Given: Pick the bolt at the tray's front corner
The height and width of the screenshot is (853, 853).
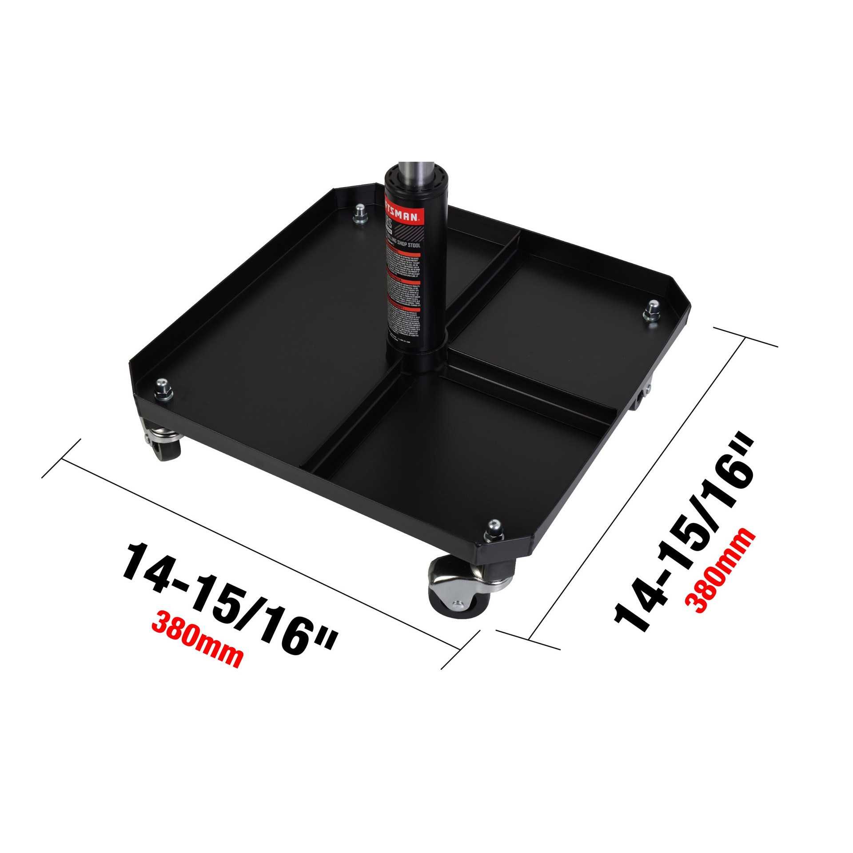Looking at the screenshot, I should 493,532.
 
